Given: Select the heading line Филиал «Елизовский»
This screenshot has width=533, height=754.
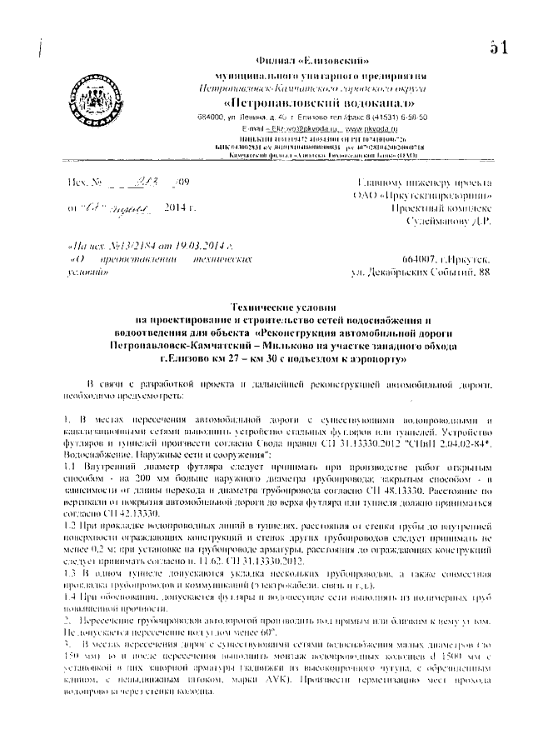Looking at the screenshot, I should click(314, 61).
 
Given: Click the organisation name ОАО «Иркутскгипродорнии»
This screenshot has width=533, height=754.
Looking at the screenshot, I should click(433, 194).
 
